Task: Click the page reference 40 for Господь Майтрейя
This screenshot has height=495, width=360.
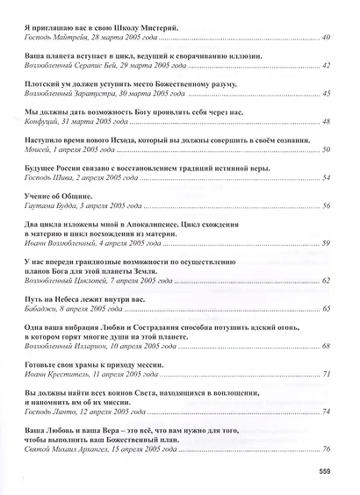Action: (326, 39)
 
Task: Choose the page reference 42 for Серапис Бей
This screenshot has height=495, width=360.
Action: (326, 66)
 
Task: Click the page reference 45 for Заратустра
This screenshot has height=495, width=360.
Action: (326, 93)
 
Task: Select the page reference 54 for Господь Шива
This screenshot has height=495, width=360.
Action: (326, 178)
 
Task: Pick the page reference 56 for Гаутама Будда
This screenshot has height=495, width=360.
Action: (326, 205)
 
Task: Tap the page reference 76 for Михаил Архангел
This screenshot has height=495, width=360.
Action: (326, 449)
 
